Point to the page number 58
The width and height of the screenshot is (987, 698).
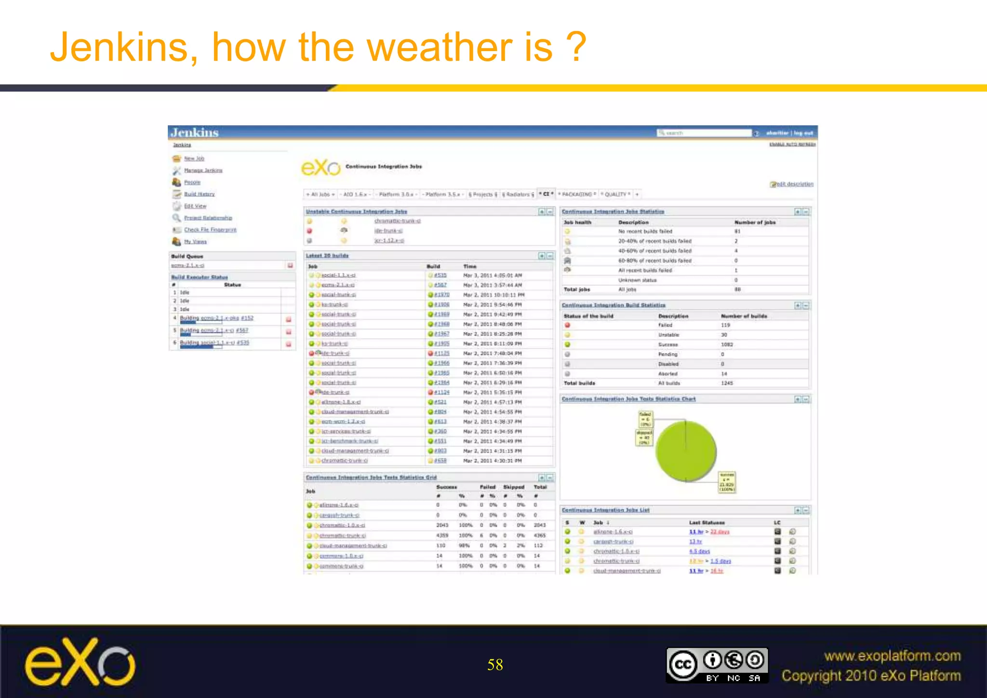tap(495, 665)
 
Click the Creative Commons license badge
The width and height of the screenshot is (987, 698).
tap(717, 665)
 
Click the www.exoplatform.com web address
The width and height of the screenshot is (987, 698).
tap(892, 656)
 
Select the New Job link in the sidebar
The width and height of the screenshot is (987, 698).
tap(194, 159)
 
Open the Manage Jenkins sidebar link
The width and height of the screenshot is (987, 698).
tap(203, 170)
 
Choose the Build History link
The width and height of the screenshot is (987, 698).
tap(199, 194)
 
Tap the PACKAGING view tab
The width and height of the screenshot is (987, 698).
tap(577, 194)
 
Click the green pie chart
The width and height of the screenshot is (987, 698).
tap(686, 451)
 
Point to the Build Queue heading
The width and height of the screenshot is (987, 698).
tap(187, 256)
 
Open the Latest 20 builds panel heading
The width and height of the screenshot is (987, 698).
tap(327, 255)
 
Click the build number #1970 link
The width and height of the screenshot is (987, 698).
tap(441, 295)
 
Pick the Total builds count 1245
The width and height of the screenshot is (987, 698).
tap(727, 383)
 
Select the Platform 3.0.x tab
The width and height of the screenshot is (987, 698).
tap(396, 194)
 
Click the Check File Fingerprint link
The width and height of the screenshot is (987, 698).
tap(210, 229)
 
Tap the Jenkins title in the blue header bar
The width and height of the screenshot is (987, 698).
tap(195, 133)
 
